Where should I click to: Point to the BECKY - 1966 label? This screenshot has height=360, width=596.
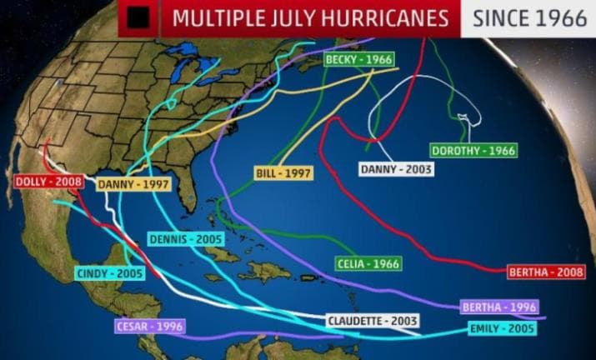click(358, 61)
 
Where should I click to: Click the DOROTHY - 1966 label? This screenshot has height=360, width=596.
click(473, 151)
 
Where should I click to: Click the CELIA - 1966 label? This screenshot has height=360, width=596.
click(368, 263)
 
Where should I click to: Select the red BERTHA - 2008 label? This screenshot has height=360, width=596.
click(550, 272)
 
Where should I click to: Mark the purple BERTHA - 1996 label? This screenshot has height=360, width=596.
click(499, 307)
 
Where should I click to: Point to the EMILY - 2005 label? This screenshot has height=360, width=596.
click(502, 328)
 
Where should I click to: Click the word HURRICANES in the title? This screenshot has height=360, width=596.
click(388, 17)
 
